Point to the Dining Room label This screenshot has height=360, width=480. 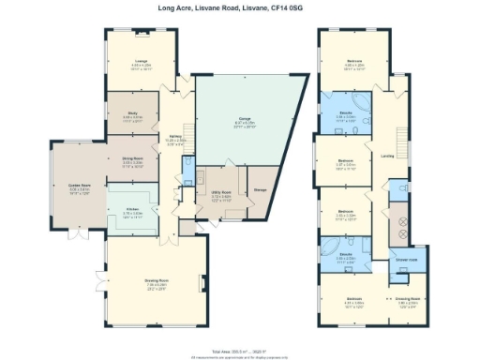[x=132, y=159]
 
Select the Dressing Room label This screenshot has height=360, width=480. [x=406, y=301]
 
